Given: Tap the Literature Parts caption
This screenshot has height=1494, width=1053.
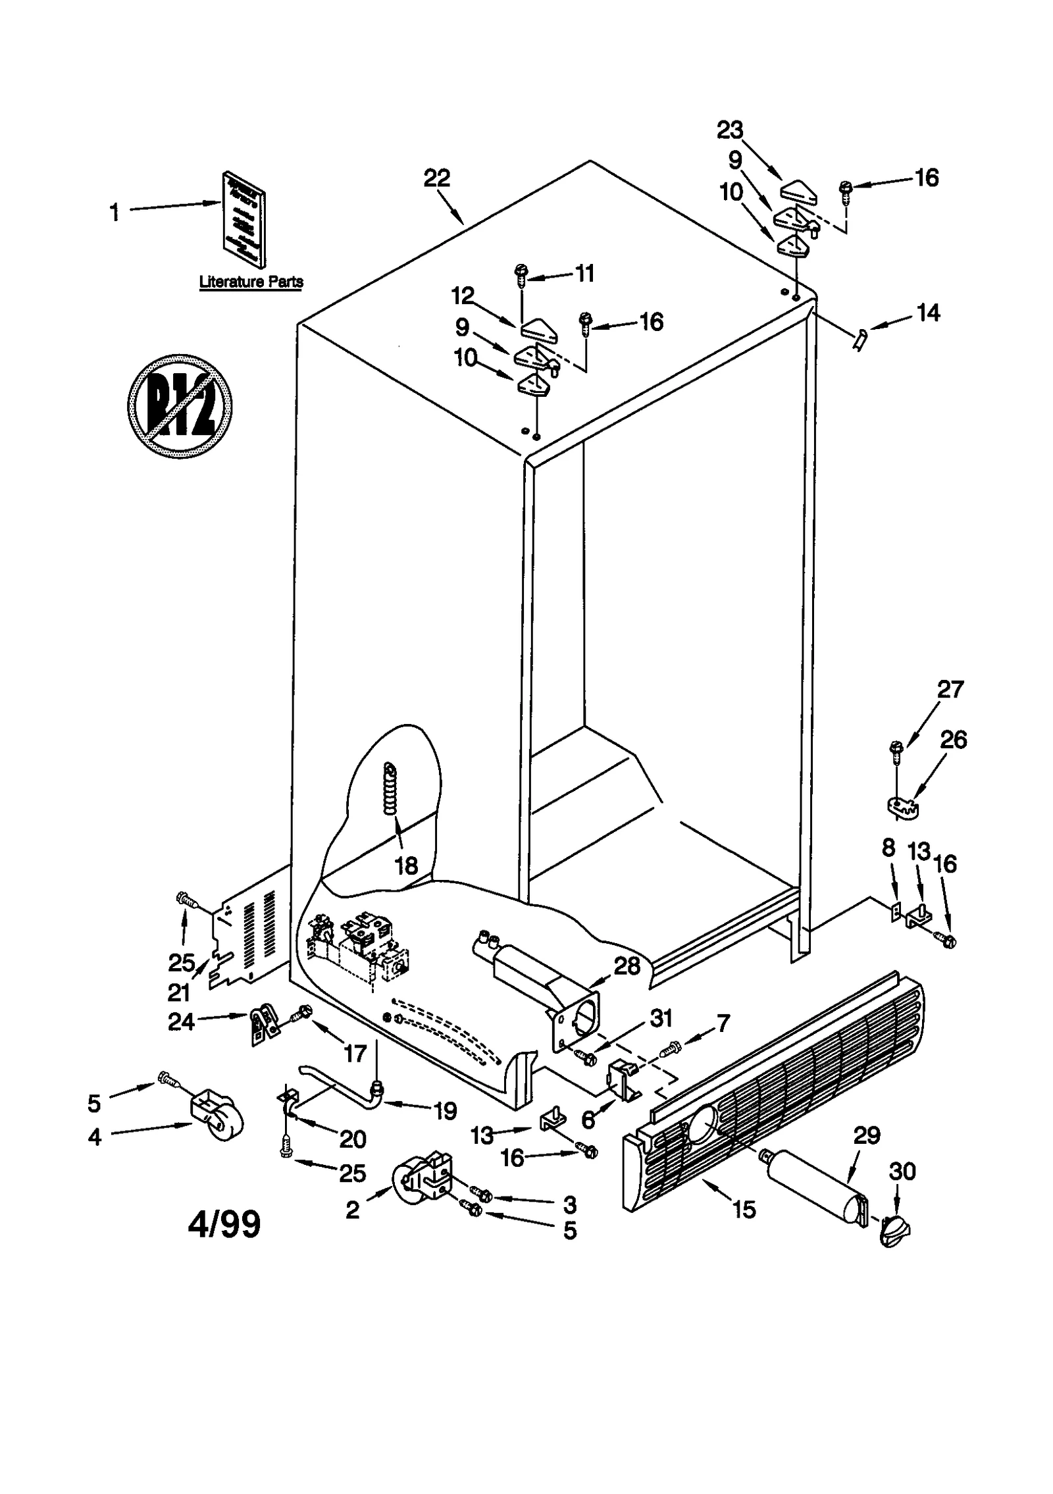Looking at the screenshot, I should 251,282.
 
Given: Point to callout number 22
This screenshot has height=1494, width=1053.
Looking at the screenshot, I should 436,178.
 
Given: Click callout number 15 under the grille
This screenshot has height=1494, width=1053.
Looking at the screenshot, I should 744,1210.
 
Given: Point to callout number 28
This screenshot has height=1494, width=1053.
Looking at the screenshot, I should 627,966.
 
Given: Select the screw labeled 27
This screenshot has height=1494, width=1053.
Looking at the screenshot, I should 896,751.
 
